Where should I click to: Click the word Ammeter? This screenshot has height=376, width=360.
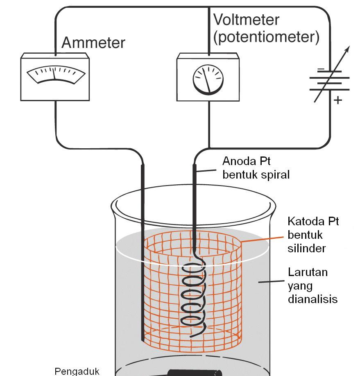click(93, 43)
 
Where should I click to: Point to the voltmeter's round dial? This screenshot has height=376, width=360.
click(208, 79)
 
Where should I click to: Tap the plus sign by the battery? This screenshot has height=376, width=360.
click(337, 100)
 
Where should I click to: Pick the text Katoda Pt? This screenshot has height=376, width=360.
click(313, 222)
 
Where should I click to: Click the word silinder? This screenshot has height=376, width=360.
click(306, 248)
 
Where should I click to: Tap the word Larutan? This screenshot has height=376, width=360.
click(308, 272)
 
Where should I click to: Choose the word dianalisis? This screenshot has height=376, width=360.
click(312, 299)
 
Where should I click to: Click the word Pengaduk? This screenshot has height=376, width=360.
click(77, 371)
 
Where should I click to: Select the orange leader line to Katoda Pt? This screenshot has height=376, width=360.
click(262, 239)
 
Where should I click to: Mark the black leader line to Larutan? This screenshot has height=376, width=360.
click(271, 281)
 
